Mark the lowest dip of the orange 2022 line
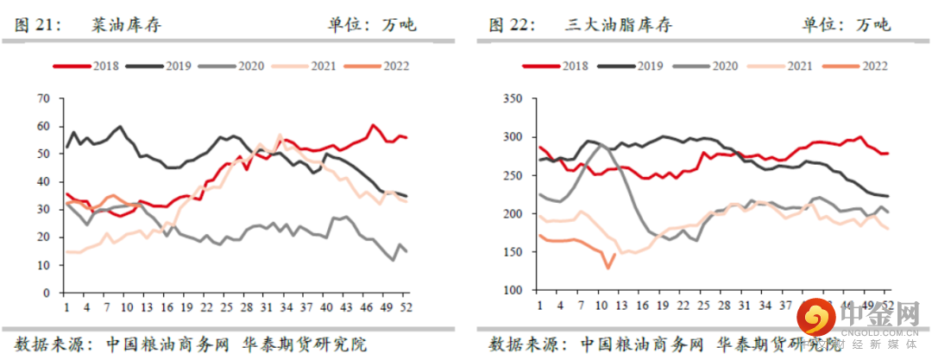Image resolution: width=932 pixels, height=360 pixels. (x=608, y=268)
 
